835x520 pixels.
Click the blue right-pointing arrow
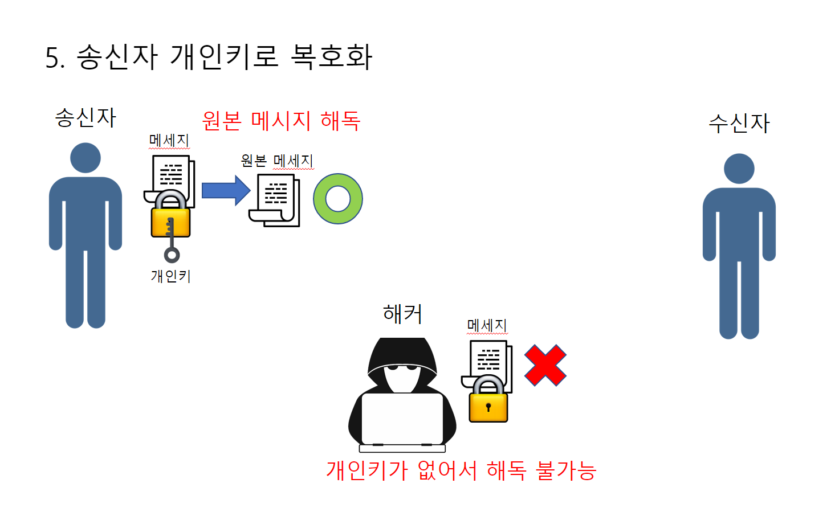(226, 190)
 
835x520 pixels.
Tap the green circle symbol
(338, 199)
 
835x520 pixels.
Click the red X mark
(545, 366)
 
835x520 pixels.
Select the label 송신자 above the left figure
(85, 118)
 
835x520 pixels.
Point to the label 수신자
(739, 123)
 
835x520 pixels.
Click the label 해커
(402, 314)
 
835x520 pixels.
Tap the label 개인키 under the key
(170, 276)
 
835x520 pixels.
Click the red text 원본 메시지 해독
(281, 121)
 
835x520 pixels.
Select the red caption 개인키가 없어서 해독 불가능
(461, 470)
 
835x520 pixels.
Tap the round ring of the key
(172, 255)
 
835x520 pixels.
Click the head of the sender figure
(85, 158)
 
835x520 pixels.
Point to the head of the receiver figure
(739, 169)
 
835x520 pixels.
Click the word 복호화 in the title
(331, 57)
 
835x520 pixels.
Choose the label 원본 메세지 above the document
(277, 161)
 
